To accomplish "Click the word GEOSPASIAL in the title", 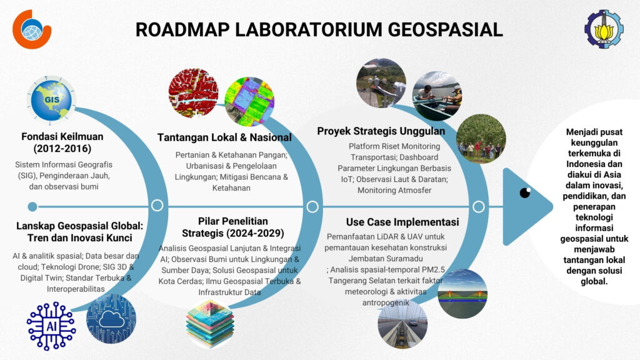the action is click(x=445, y=30).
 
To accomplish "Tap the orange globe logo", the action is click(x=31, y=29).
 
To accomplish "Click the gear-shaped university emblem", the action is click(x=604, y=29).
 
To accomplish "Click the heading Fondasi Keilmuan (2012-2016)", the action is click(x=62, y=142).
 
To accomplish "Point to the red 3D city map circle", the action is click(x=193, y=93).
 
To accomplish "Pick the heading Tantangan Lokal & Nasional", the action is click(x=224, y=137).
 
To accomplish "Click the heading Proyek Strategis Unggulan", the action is click(x=381, y=131).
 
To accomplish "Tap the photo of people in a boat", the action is click(x=436, y=96).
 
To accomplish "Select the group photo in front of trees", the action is click(x=481, y=139).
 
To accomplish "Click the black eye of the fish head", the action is click(x=525, y=192).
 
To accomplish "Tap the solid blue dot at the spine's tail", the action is click(x=32, y=206).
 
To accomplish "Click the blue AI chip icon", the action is click(x=51, y=326).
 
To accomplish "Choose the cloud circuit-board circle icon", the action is click(x=111, y=319).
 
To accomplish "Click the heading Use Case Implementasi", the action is click(x=402, y=222).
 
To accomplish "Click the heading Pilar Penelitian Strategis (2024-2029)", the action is click(x=233, y=227).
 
